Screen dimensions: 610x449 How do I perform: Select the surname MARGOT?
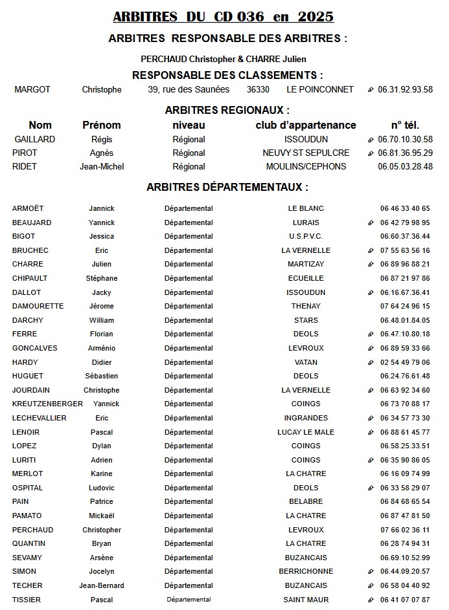(32, 90)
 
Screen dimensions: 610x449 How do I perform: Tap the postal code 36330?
(258, 90)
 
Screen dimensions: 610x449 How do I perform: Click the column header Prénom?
(102, 125)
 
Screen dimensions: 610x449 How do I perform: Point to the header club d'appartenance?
(306, 125)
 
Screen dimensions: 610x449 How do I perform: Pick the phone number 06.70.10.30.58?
(405, 139)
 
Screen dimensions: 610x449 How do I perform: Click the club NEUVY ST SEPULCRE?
(306, 153)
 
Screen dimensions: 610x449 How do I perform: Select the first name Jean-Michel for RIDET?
(102, 166)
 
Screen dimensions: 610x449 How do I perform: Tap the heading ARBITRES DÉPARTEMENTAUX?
(227, 187)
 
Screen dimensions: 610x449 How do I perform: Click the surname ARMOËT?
(28, 208)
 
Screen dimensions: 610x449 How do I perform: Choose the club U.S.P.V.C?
(306, 236)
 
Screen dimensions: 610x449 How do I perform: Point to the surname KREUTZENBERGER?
(47, 404)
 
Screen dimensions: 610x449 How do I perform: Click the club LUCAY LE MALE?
(306, 432)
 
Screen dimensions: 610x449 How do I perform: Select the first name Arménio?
(102, 348)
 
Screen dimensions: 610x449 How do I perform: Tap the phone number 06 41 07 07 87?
(405, 600)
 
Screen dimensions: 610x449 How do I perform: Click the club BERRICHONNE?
(306, 571)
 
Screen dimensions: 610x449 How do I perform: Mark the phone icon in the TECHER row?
(371, 585)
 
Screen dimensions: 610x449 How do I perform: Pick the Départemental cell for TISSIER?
(189, 600)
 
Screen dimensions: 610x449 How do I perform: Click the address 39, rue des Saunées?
(189, 90)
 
